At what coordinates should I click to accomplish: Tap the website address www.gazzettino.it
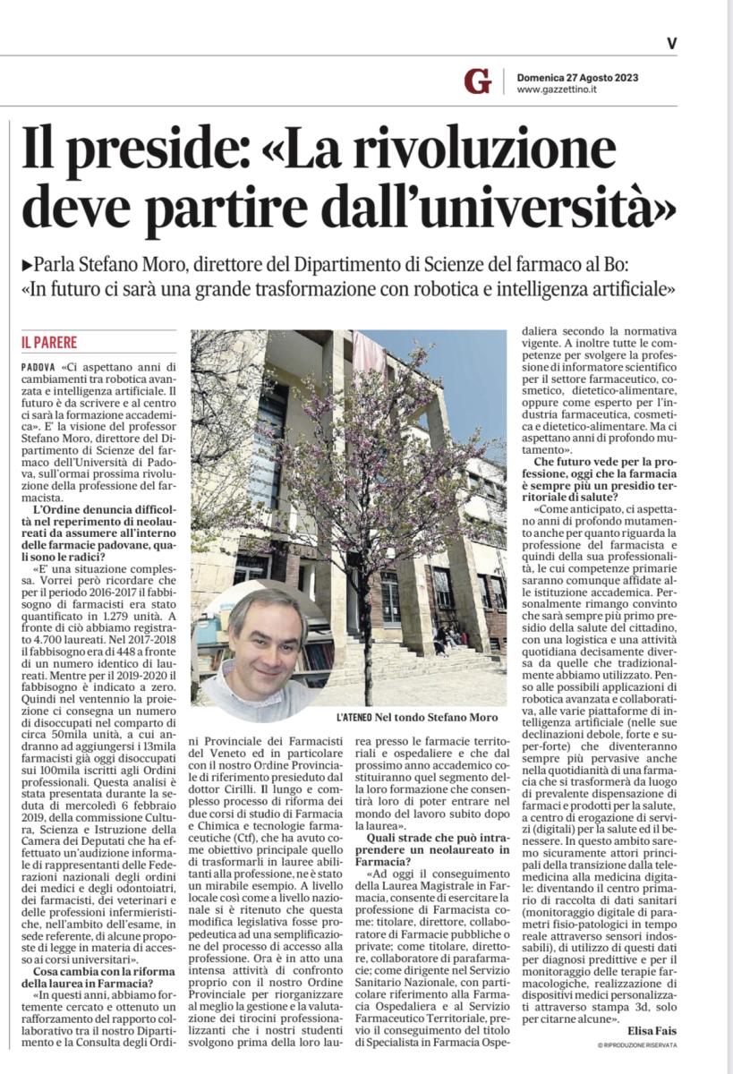558,90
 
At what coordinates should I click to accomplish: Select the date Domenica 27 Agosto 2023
577,77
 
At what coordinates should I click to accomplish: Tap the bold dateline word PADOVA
39,368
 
